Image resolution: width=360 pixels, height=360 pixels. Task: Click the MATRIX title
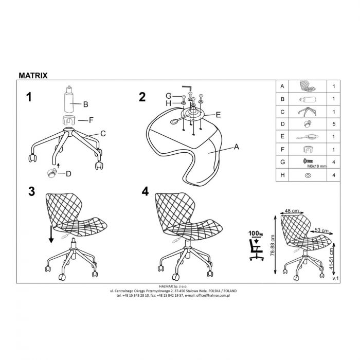pyautogui.click(x=33, y=75)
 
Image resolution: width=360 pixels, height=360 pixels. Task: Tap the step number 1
pyautogui.click(x=29, y=97)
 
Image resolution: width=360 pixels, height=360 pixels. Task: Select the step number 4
pyautogui.click(x=145, y=191)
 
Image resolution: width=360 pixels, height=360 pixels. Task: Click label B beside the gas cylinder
pyautogui.click(x=86, y=104)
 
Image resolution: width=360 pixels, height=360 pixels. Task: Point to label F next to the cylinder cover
pyautogui.click(x=91, y=120)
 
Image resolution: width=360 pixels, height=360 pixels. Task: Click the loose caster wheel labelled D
pyautogui.click(x=51, y=173)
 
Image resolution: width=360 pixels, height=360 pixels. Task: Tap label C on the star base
pyautogui.click(x=103, y=134)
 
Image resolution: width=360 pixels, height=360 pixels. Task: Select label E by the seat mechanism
pyautogui.click(x=218, y=115)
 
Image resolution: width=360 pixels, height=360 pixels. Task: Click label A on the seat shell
pyautogui.click(x=236, y=147)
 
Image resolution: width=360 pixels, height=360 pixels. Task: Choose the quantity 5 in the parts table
pyautogui.click(x=334, y=124)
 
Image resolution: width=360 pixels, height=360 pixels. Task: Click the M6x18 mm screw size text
pyautogui.click(x=317, y=166)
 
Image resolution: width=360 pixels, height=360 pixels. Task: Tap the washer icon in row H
pyautogui.click(x=308, y=175)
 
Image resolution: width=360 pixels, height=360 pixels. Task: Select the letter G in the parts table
pyautogui.click(x=283, y=162)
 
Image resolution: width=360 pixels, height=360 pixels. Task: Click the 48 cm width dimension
pyautogui.click(x=292, y=210)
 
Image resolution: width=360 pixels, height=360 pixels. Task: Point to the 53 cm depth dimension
pyautogui.click(x=321, y=230)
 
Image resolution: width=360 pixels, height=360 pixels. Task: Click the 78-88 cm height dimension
pyautogui.click(x=273, y=245)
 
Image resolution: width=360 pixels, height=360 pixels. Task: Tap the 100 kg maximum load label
pyautogui.click(x=256, y=233)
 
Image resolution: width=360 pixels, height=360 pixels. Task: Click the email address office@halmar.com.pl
pyautogui.click(x=213, y=296)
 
